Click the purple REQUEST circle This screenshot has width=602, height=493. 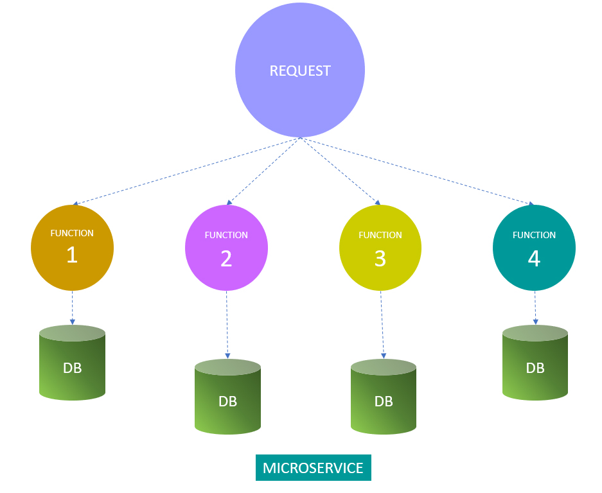(300, 71)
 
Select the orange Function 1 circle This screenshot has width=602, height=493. (72, 248)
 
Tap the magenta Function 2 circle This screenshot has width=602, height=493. (226, 248)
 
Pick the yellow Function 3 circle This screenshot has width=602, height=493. (380, 248)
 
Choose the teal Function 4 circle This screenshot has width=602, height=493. (534, 248)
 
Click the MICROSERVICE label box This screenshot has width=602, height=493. (314, 468)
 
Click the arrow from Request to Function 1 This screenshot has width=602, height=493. (186, 171)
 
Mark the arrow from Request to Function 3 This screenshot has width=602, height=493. (341, 171)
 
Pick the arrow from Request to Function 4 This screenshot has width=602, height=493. (418, 171)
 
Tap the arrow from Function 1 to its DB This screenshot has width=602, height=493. (72, 308)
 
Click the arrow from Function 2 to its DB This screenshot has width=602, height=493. (227, 324)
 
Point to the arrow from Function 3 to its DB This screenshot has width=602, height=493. (382, 324)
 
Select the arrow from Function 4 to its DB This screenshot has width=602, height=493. (535, 308)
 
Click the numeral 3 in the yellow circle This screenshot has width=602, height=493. (380, 259)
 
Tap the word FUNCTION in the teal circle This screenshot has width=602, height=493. (534, 235)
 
